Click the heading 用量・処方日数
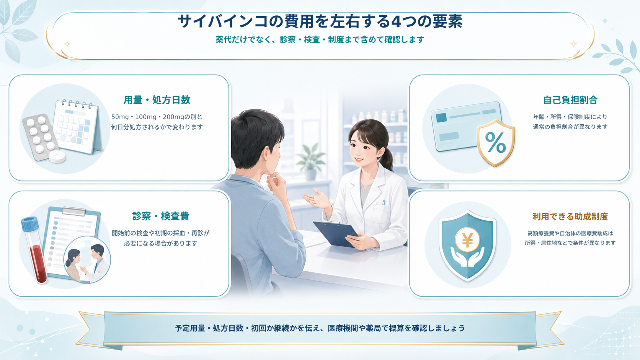tap(157, 100)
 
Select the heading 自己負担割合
tap(570, 100)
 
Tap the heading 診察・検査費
tap(160, 216)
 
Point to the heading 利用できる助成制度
tap(570, 217)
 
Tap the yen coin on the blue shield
tap(467, 240)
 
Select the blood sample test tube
tap(34, 249)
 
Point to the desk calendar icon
tap(77, 127)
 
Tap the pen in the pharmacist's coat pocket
tap(384, 203)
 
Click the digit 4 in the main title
tap(396, 21)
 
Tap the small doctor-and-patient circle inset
tap(87, 259)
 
